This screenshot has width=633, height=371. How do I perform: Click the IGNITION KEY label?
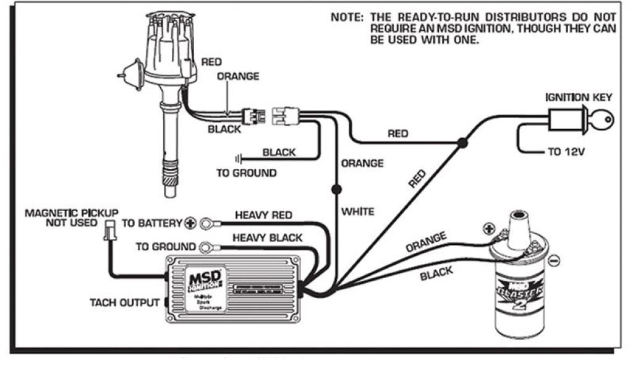578,97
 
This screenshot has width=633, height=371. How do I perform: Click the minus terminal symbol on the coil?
554,262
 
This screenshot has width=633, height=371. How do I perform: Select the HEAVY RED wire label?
263,215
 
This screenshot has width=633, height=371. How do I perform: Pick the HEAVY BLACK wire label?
267,237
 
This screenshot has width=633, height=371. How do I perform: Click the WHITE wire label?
358,211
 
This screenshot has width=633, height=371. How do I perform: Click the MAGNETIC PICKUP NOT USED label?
71,217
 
